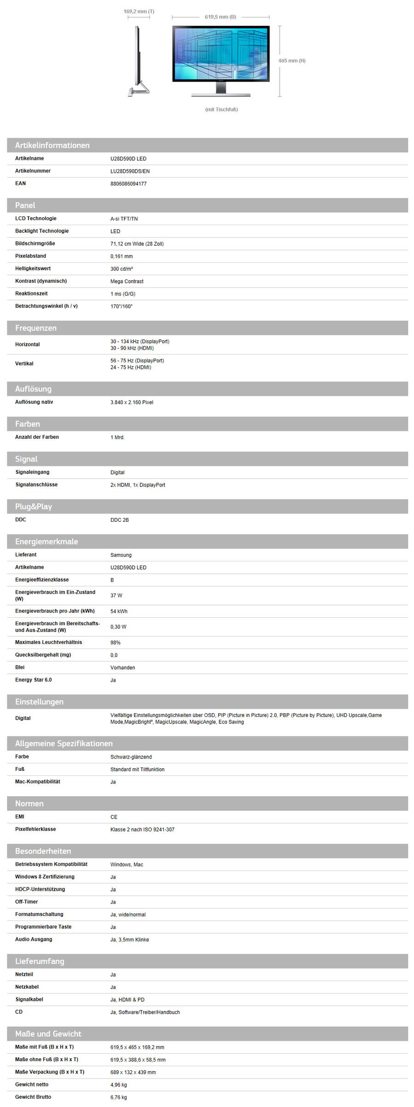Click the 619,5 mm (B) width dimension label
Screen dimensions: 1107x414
220,17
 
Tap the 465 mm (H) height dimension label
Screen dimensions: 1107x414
292,61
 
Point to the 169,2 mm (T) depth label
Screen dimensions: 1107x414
139,11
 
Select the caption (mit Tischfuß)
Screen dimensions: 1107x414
221,109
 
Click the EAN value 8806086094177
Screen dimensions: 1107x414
128,184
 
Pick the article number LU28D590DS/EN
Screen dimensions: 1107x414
130,171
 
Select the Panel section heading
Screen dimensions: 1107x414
25,205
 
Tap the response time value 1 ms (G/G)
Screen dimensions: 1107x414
123,294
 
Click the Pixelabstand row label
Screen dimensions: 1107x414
30,256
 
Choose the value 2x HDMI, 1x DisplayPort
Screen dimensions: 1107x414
138,485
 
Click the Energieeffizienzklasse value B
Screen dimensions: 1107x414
112,580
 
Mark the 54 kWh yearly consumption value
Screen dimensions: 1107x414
119,611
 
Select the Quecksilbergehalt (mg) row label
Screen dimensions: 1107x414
43,655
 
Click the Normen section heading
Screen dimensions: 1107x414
29,803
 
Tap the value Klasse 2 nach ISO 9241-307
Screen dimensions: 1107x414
142,830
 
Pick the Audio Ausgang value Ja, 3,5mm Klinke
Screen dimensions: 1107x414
129,940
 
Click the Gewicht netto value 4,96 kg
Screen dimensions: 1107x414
119,1085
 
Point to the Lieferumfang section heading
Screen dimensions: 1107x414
40,961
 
